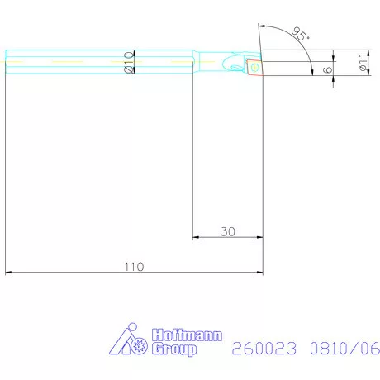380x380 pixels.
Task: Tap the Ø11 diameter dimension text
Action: [x=363, y=62]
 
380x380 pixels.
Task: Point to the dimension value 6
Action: [x=328, y=69]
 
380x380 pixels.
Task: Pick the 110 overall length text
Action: [x=134, y=266]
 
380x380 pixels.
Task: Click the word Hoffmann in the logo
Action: [x=175, y=336]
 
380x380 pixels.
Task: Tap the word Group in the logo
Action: [x=173, y=349]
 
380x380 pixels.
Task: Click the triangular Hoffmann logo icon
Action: [x=126, y=341]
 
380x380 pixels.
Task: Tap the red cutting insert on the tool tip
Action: [x=254, y=65]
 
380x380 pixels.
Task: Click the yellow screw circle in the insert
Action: [x=254, y=65]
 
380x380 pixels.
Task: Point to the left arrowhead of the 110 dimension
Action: [x=8, y=272]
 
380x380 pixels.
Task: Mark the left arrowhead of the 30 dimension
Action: [x=196, y=238]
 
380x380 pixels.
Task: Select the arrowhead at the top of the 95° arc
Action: [x=260, y=26]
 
